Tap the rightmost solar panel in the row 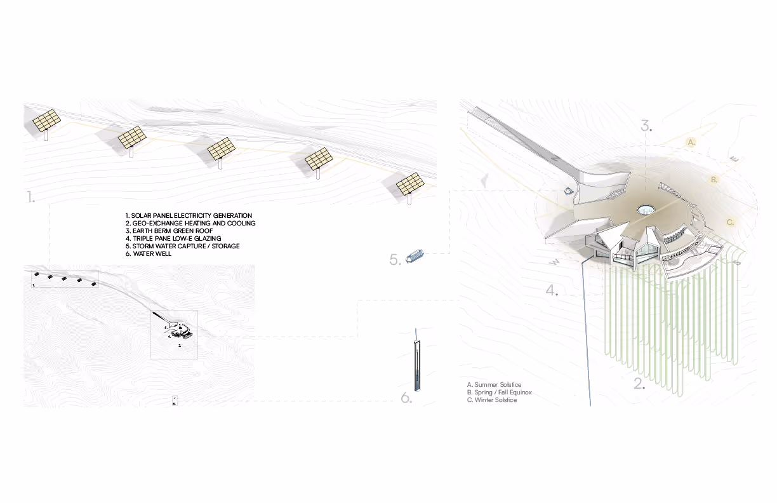pyautogui.click(x=410, y=184)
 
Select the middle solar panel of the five pyautogui.click(x=220, y=149)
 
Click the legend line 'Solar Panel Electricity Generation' pyautogui.click(x=189, y=216)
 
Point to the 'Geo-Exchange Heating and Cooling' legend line pyautogui.click(x=190, y=224)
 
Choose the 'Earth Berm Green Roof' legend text pyautogui.click(x=169, y=231)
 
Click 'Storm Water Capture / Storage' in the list pyautogui.click(x=183, y=246)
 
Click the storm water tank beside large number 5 pyautogui.click(x=415, y=258)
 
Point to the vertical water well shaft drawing pyautogui.click(x=416, y=365)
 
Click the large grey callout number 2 pyautogui.click(x=639, y=384)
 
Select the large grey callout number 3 pyautogui.click(x=646, y=125)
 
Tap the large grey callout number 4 pyautogui.click(x=552, y=291)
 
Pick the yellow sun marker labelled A pyautogui.click(x=692, y=142)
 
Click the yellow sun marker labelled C pyautogui.click(x=730, y=222)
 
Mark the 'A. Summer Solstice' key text pyautogui.click(x=494, y=385)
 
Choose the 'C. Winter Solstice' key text pyautogui.click(x=492, y=400)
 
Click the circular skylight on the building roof pyautogui.click(x=646, y=209)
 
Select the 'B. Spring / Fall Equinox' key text pyautogui.click(x=499, y=392)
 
